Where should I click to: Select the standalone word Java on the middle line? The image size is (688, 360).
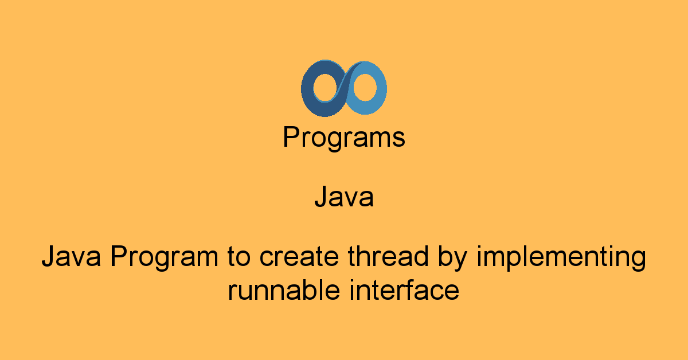coord(344,197)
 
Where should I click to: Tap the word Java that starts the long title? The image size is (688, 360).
coord(71,256)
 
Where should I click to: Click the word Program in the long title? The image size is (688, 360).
coord(164,258)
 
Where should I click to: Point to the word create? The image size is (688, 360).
coord(299,257)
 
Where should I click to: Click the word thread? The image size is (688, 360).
coord(388,256)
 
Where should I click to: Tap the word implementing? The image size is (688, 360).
coord(561,258)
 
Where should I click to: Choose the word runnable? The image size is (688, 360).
coord(284,289)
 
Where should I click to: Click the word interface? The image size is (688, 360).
coord(404,289)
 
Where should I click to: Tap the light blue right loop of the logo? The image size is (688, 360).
coord(380,89)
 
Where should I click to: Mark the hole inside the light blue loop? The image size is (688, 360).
coord(365,87)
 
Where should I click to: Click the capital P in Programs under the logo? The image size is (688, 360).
coord(292,136)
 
